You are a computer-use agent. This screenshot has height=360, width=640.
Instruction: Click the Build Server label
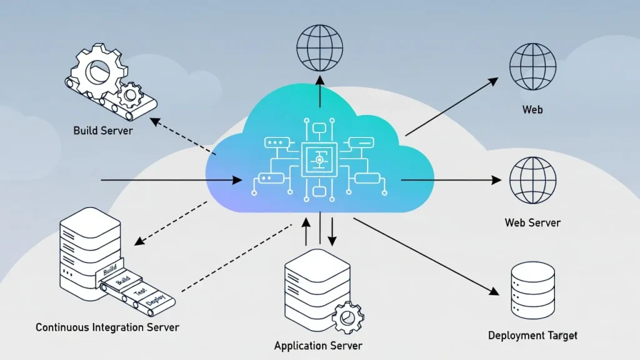coord(102,131)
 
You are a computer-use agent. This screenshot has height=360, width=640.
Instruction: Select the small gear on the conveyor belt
coord(131,95)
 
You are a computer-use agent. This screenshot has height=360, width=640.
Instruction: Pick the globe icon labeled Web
coord(532,67)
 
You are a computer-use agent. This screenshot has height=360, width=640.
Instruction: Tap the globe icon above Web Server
coord(532,180)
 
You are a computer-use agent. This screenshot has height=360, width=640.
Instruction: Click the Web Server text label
coord(532,222)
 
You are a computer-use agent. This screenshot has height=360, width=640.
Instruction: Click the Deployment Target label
coord(532,336)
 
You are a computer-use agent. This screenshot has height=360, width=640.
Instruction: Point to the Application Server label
coord(318,345)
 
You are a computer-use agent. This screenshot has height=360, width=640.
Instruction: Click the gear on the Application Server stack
coord(346,317)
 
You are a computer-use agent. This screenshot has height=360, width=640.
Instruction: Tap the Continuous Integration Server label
coord(107,327)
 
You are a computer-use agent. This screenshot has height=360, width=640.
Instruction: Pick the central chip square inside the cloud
coord(319,161)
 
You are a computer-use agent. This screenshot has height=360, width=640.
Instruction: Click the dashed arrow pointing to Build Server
coord(184,136)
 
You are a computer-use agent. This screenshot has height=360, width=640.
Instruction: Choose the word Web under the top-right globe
coord(532,110)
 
